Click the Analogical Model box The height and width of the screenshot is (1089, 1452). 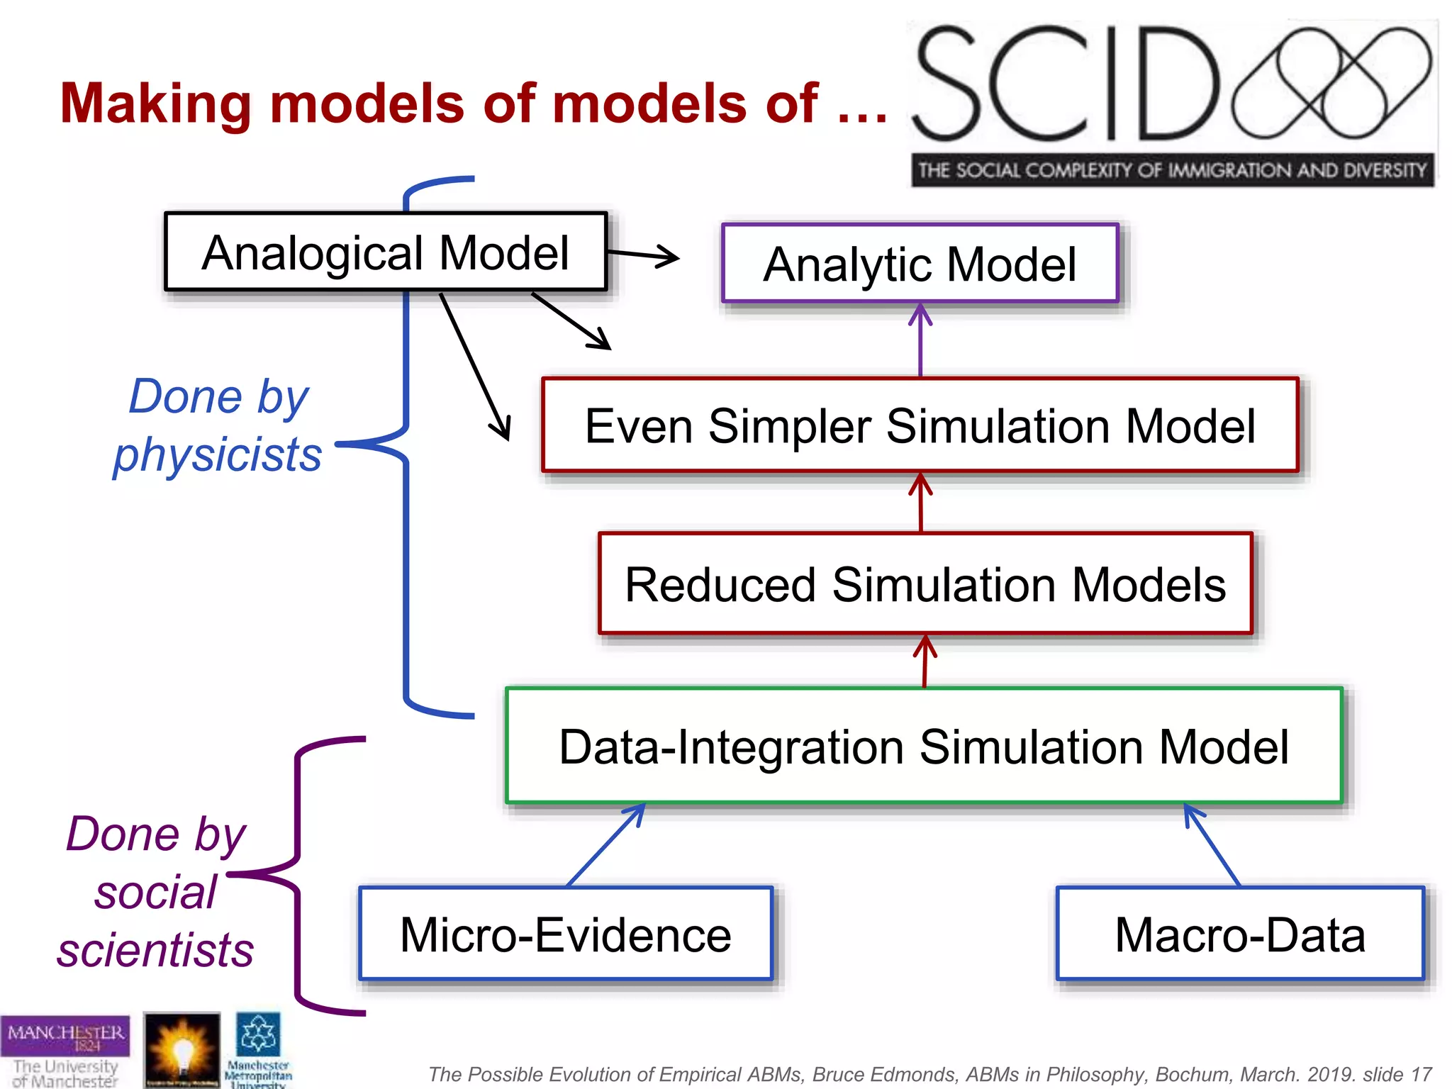coord(386,252)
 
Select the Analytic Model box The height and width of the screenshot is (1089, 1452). coord(920,264)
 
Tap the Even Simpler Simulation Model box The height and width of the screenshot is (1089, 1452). coord(920,425)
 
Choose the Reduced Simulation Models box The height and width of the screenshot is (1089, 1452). coord(925,583)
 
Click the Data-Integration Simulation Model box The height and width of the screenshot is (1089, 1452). coord(923,746)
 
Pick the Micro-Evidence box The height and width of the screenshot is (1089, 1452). coord(565,934)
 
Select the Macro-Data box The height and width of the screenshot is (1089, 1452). coord(1239,934)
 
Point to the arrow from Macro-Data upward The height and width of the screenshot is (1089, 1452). coord(1212,845)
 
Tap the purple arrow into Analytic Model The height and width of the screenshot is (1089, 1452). coord(920,340)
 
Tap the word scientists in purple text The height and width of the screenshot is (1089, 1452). coord(155,950)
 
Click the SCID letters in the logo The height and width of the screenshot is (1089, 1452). coord(1063,84)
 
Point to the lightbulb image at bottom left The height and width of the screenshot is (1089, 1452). coord(181,1049)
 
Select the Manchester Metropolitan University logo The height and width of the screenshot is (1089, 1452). coord(259,1050)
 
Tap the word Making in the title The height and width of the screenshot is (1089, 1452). coord(155,104)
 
